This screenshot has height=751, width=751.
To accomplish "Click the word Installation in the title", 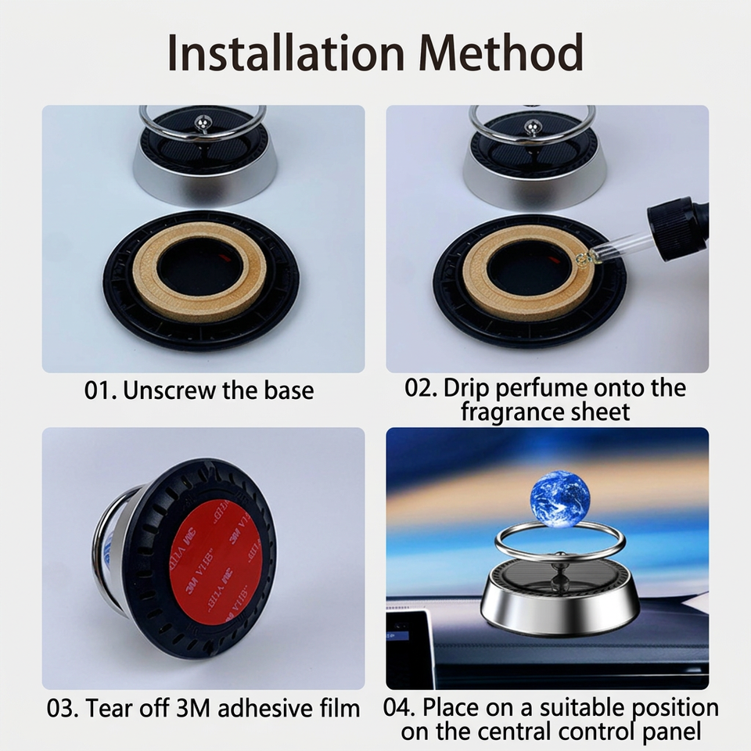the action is click(x=286, y=52).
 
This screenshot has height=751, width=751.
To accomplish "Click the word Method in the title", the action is click(x=501, y=52).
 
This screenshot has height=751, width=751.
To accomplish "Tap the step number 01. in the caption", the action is click(x=101, y=391).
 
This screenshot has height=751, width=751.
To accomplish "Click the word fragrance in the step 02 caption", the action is click(x=512, y=412).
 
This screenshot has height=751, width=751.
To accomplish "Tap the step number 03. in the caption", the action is click(x=63, y=709).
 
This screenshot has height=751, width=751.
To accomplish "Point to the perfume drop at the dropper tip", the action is click(x=584, y=260).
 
